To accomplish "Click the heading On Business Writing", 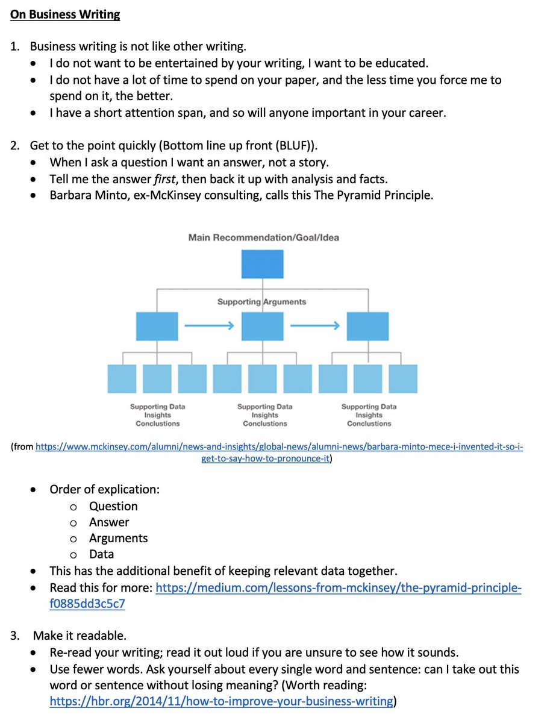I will click(x=65, y=14).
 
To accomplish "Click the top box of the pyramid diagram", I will click(x=262, y=264).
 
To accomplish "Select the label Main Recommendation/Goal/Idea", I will click(x=263, y=237).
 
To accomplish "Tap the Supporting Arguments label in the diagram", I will click(x=261, y=302).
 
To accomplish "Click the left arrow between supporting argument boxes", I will click(x=209, y=326).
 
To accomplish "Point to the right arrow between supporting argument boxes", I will click(x=315, y=326).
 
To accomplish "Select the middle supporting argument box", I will click(x=262, y=327).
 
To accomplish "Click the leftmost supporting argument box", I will click(x=157, y=327).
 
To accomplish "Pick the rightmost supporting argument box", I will click(x=367, y=327).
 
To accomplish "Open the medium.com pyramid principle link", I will click(x=338, y=587).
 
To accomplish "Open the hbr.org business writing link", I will click(x=221, y=701).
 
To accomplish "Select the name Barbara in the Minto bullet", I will click(x=72, y=196).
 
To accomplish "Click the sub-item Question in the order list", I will click(x=113, y=506).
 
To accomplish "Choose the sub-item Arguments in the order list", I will click(x=118, y=538).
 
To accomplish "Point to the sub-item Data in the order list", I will click(x=101, y=554).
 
